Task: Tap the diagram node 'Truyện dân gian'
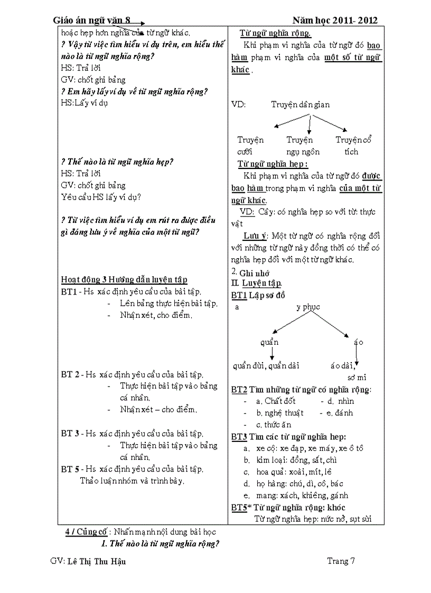coord(300,105)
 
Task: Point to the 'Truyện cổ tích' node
coord(354,146)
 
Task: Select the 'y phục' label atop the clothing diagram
coord(308,307)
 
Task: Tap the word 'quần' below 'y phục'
coord(269,342)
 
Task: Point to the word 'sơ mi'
coord(357,377)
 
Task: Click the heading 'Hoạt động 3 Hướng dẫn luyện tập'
coord(124,280)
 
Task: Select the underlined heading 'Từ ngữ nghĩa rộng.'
coord(275,33)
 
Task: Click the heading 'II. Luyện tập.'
coord(257,284)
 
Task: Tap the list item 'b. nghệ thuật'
coord(279,413)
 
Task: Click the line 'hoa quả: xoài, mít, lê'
coord(294,472)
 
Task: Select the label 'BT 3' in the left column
coord(70,434)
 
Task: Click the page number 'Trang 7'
coord(341,561)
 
